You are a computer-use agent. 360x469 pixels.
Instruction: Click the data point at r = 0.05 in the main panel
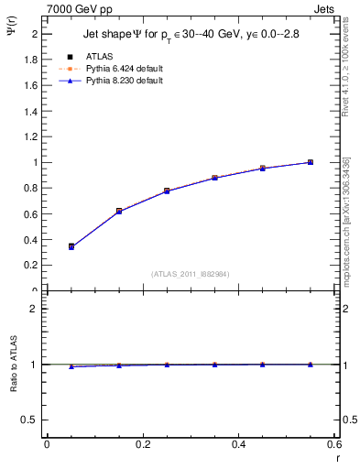[x=71, y=246]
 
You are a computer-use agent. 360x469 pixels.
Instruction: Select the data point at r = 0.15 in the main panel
[x=119, y=211]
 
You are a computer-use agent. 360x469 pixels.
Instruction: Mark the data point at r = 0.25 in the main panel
[x=167, y=191]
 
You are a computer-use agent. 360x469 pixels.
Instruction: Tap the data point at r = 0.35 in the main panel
[x=214, y=178]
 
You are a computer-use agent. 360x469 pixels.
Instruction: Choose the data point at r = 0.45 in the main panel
[x=262, y=169]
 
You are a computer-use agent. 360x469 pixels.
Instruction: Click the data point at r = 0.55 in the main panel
[x=311, y=162]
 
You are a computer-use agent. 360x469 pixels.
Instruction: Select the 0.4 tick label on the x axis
[x=238, y=444]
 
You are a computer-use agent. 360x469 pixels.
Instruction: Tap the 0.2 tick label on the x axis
[x=143, y=444]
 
